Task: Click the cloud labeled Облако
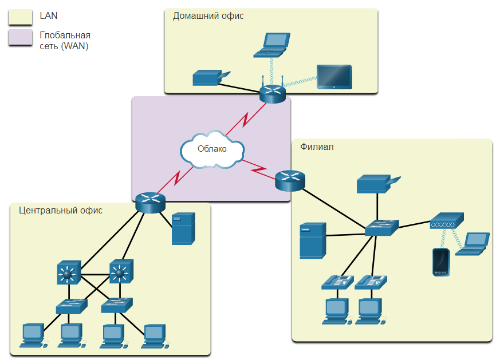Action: coord(212,150)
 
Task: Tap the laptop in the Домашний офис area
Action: coord(271,45)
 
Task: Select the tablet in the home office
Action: coord(334,77)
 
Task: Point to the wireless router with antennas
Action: coord(273,92)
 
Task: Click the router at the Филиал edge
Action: coord(290,181)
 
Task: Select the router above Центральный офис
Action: coord(150,203)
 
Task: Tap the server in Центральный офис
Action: coord(183,228)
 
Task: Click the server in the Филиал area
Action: coord(313,240)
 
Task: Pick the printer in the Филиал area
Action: coord(378,184)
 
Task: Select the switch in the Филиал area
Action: coord(381,227)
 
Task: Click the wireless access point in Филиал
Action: coord(447,220)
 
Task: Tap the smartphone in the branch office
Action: coord(441,262)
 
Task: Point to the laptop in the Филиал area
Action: coord(473,244)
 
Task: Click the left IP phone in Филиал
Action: coord(338,282)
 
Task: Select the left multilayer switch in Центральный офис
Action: coord(69,272)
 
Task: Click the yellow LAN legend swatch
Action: coord(21,17)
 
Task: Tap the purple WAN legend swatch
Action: coord(21,38)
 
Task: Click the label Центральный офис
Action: coord(61,210)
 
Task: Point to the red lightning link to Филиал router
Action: coord(258,169)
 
